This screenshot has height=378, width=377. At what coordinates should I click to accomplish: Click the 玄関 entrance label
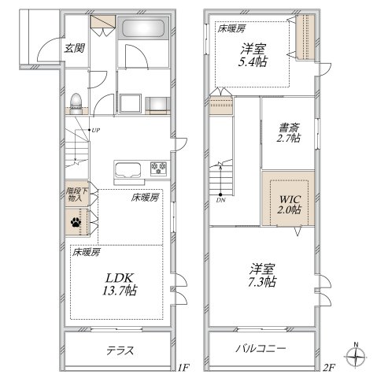pos(74,48)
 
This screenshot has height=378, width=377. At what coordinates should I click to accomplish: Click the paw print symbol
pos(76,224)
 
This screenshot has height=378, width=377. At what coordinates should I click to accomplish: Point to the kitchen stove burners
pos(159,168)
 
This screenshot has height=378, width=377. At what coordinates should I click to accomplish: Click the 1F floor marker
pos(183,367)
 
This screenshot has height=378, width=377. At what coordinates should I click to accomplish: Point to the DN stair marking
pos(222,200)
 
